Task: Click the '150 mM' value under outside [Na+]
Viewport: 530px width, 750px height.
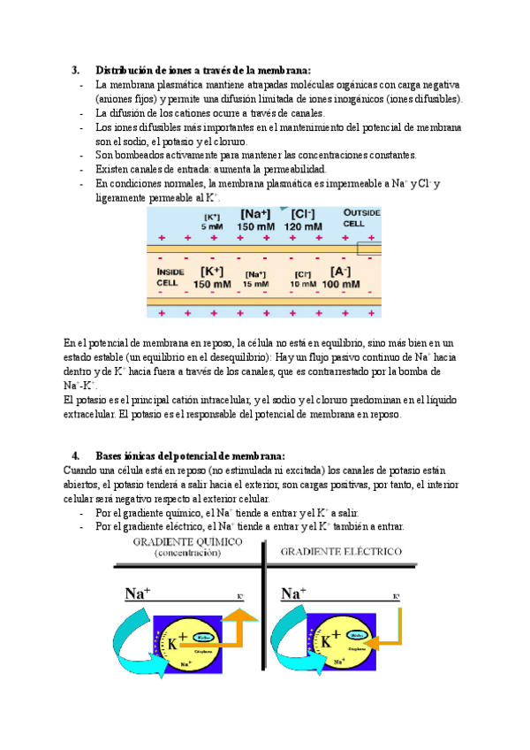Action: point(256,227)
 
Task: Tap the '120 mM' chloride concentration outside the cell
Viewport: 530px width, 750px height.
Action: point(303,227)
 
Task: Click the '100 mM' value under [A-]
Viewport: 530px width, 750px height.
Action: point(340,285)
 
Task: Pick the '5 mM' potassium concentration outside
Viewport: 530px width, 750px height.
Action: point(212,227)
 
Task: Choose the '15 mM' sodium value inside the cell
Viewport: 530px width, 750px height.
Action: point(256,285)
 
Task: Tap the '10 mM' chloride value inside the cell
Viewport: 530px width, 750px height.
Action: point(303,285)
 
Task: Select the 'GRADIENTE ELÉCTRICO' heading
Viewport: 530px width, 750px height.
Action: point(340,551)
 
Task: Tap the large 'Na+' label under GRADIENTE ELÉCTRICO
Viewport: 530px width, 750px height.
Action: point(293,594)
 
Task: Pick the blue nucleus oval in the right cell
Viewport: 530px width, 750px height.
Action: point(358,635)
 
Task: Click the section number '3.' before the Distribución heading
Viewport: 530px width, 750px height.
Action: point(76,71)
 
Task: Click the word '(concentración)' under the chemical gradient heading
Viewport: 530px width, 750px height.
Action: point(188,553)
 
